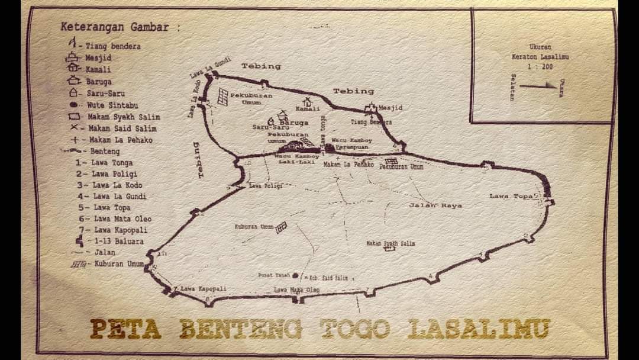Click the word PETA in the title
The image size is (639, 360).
click(125, 329)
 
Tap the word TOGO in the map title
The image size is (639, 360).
click(356, 329)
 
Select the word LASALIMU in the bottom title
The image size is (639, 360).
click(479, 329)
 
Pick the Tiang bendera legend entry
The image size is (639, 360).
click(112, 46)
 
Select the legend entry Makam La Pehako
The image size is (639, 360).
click(121, 140)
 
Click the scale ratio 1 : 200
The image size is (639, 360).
click(540, 67)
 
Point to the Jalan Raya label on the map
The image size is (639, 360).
click(435, 205)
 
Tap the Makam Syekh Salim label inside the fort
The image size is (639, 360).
click(390, 243)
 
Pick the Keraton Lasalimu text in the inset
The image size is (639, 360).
click(540, 57)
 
